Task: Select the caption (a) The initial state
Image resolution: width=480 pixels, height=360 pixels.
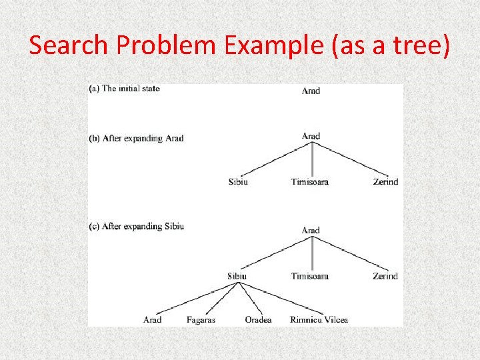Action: point(124,89)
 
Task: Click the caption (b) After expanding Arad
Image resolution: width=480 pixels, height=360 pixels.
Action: point(136,139)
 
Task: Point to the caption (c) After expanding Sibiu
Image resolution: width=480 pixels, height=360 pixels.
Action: point(136,227)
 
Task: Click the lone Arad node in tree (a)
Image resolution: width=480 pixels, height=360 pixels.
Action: point(311,91)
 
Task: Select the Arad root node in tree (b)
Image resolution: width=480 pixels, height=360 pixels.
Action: point(311,137)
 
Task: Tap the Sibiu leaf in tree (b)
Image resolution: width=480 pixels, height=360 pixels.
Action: point(238,182)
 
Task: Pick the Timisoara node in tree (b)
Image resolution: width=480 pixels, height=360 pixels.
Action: point(309,182)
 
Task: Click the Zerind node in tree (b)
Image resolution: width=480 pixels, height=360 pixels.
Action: point(385,182)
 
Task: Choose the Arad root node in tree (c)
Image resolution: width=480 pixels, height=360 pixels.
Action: point(311,231)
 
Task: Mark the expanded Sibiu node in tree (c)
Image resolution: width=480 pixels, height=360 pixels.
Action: point(237,276)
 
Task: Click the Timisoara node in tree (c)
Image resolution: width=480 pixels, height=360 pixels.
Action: point(309,276)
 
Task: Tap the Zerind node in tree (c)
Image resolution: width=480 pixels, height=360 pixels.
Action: point(385,276)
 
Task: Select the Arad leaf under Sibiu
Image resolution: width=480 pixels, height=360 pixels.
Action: point(152,320)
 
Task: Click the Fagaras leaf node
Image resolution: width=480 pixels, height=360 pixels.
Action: point(201,320)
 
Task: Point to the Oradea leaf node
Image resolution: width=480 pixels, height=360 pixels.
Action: point(258,320)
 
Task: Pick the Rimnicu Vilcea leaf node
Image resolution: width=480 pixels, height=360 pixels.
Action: point(319,320)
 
